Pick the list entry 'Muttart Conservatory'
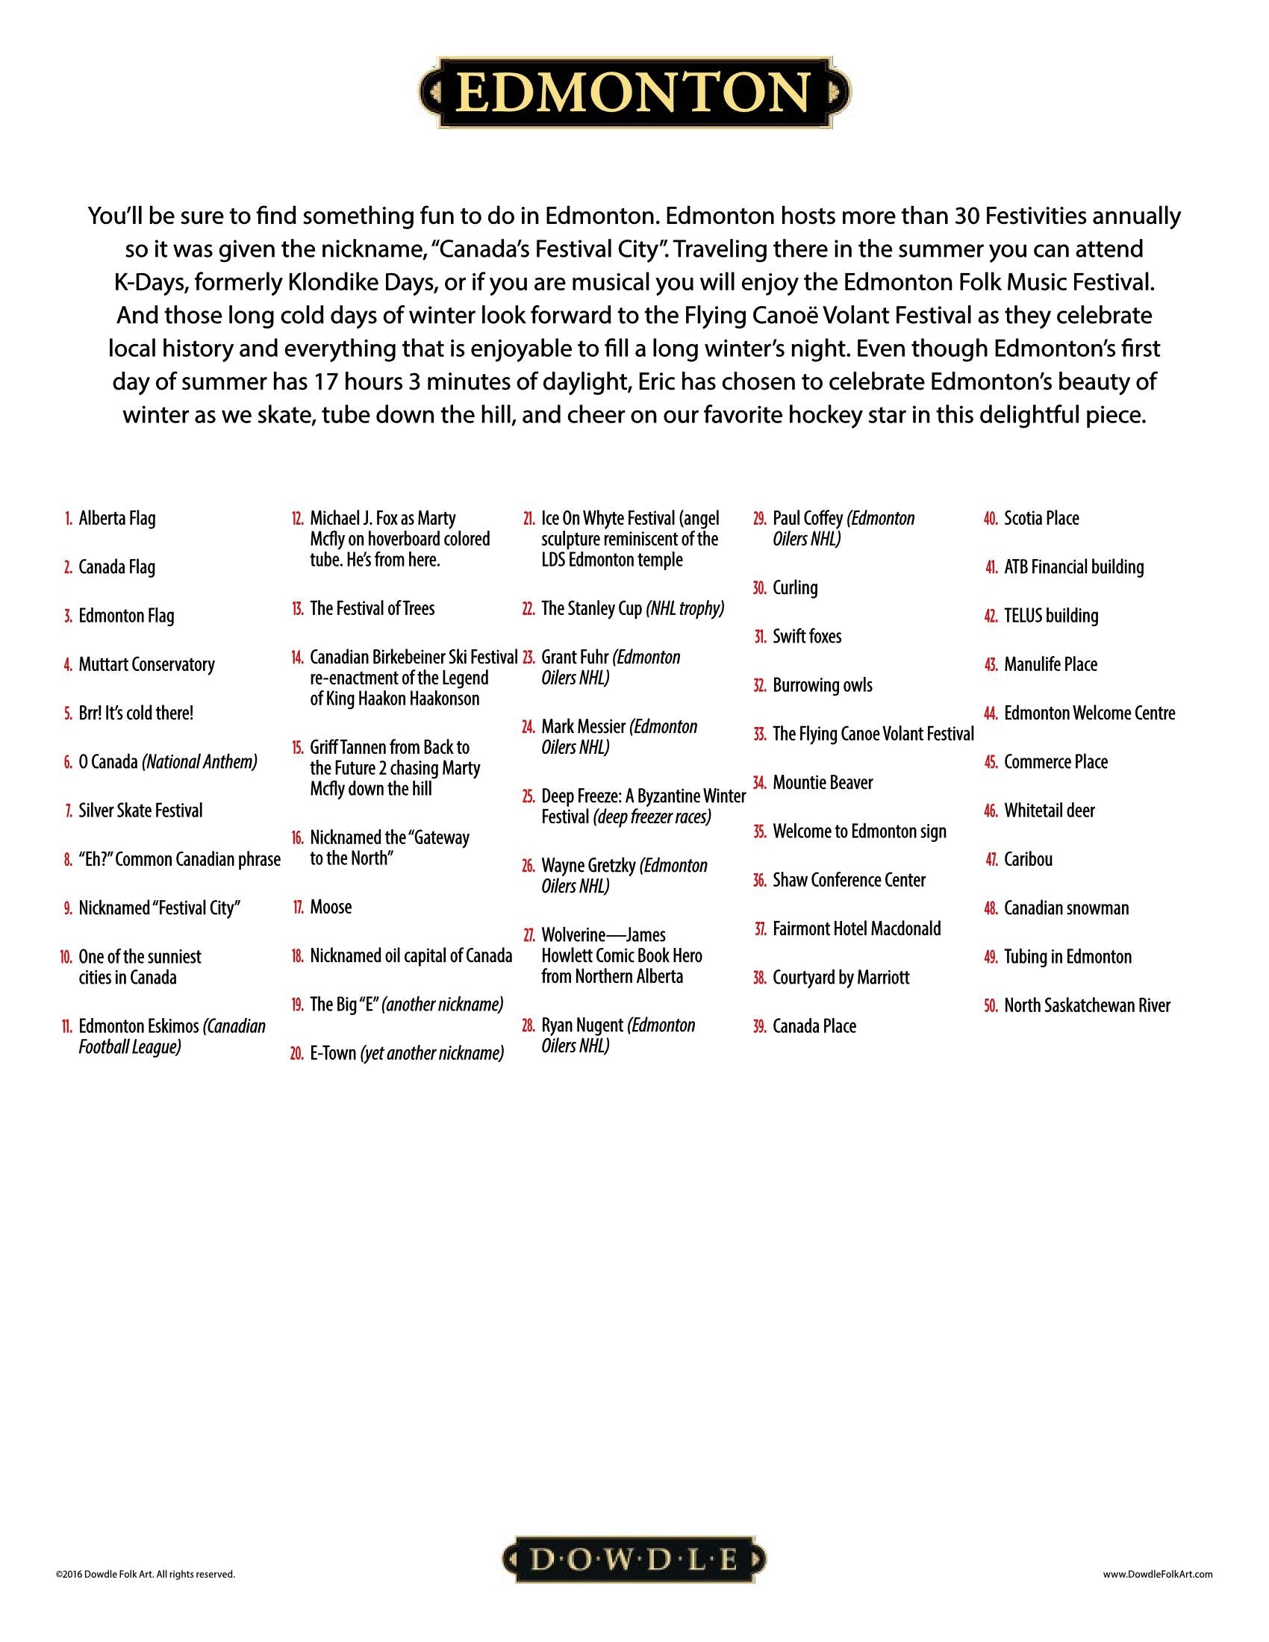click(x=146, y=664)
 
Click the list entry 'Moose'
click(x=331, y=908)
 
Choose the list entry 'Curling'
click(x=795, y=588)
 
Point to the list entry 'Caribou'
click(x=1028, y=859)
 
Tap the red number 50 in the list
click(x=990, y=1006)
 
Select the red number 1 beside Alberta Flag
click(x=69, y=519)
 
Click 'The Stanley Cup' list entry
click(x=592, y=609)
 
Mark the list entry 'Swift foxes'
click(x=807, y=637)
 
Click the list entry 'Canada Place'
click(x=814, y=1026)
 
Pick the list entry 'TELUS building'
click(x=1051, y=616)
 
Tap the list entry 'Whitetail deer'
click(x=1050, y=811)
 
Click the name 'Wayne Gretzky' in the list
click(x=589, y=866)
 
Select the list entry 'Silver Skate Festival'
click(x=140, y=811)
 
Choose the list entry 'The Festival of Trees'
click(x=372, y=609)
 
